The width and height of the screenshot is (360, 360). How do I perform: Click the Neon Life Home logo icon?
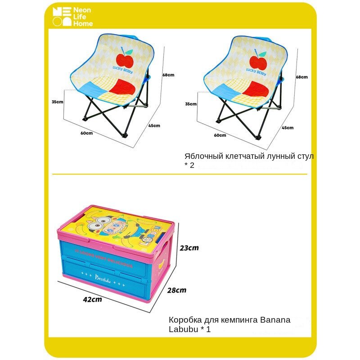[61, 17]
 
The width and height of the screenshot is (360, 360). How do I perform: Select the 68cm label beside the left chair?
[168, 75]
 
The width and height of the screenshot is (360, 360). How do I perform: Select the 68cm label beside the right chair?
[302, 77]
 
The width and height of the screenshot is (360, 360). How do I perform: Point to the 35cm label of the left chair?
[58, 102]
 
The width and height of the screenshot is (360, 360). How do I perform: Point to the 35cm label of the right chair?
[191, 104]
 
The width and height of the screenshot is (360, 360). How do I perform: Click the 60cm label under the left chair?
[87, 133]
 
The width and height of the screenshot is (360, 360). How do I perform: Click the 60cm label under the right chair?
[220, 135]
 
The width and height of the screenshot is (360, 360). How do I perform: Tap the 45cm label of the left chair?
[154, 126]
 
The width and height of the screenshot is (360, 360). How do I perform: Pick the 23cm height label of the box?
[189, 247]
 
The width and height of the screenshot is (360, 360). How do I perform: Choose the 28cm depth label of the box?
[176, 290]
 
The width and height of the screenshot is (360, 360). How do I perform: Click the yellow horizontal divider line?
[180, 174]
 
